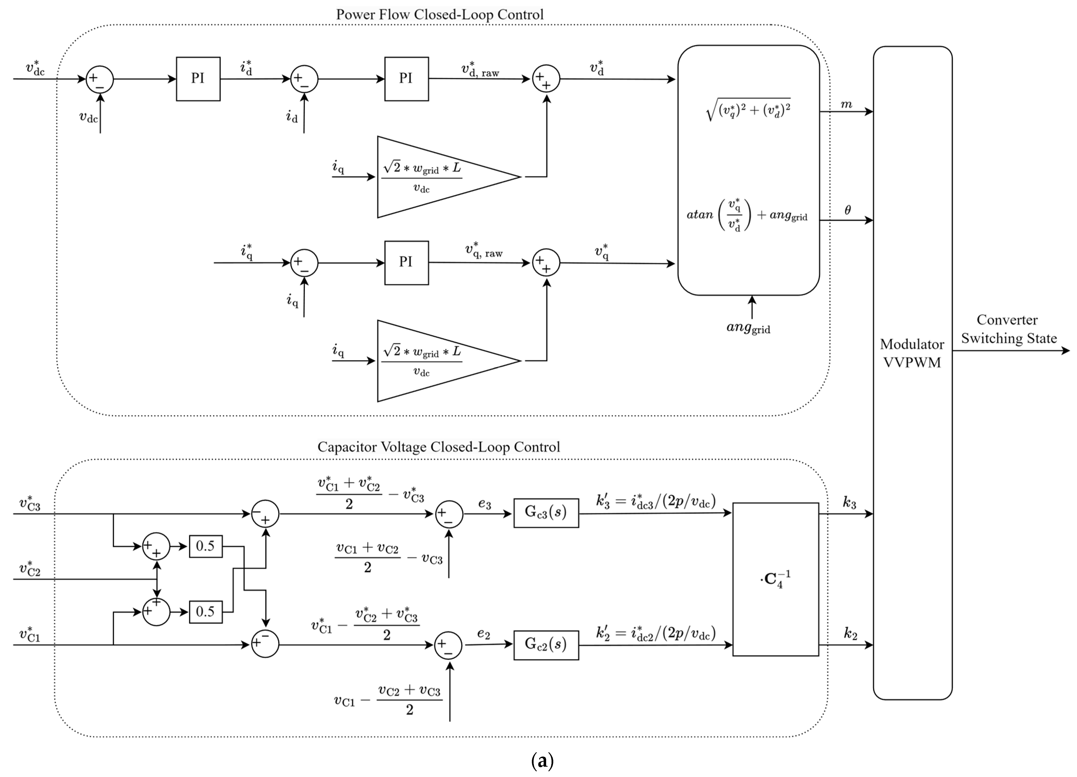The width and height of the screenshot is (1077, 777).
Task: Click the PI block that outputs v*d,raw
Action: pos(406,79)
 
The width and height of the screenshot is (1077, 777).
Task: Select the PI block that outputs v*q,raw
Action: pos(406,262)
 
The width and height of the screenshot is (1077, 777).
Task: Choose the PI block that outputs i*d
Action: pos(198,79)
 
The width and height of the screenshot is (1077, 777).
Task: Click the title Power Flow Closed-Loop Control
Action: pos(440,14)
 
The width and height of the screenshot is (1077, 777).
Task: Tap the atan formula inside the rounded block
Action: pos(746,215)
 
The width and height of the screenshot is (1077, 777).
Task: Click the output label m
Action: pos(846,104)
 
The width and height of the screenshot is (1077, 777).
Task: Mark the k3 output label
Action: pos(849,503)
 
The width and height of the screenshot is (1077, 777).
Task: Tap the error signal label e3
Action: pos(484,504)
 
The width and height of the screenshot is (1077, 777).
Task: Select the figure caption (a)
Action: pos(542,761)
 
